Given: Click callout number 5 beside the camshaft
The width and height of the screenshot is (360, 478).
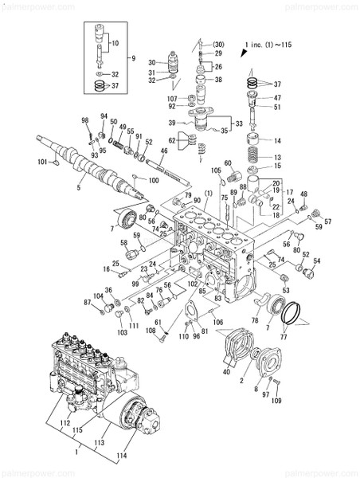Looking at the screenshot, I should (x=78, y=188).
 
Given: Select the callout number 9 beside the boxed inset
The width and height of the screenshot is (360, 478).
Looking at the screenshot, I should (x=134, y=57).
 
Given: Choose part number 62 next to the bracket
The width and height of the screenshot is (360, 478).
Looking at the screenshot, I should (x=171, y=141).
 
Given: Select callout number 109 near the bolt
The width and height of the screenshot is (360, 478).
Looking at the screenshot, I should (x=276, y=401).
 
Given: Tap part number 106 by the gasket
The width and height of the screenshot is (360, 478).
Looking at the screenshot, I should (x=217, y=323).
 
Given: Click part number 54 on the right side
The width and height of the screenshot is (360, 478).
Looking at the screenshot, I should (x=317, y=261).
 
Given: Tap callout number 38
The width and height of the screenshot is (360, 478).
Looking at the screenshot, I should (x=218, y=80).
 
